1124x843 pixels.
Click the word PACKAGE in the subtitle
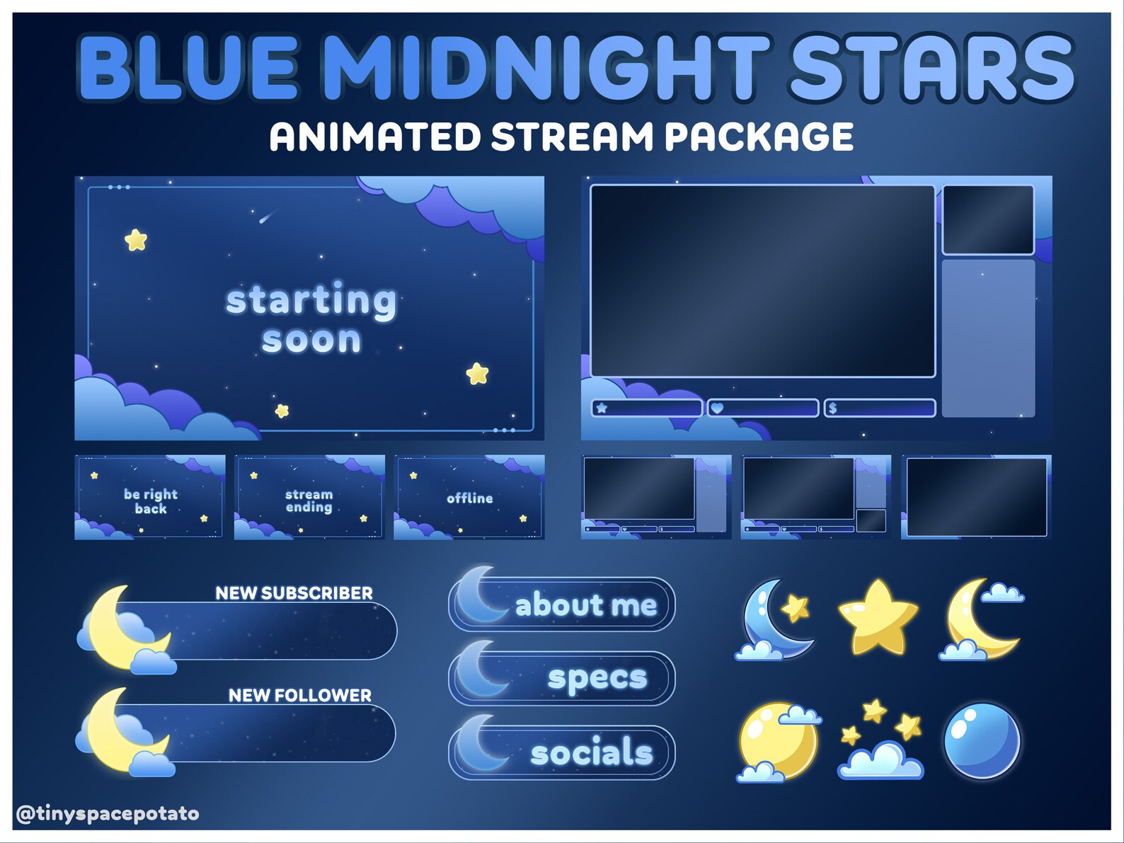(x=759, y=137)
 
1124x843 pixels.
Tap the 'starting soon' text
(x=311, y=319)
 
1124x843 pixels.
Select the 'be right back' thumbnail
(x=150, y=498)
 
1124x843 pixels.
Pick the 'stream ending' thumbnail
(x=309, y=498)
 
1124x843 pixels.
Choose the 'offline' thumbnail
(x=469, y=498)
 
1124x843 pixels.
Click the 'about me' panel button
(x=562, y=605)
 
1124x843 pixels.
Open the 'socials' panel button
(x=562, y=752)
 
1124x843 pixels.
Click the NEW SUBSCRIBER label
(x=294, y=593)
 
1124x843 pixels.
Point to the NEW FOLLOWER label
(x=299, y=696)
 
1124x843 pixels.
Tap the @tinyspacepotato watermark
(x=108, y=814)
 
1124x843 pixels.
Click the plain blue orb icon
(x=982, y=740)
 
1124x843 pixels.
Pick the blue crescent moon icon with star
(x=775, y=619)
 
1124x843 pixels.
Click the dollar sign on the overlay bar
(x=833, y=408)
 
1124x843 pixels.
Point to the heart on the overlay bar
(x=717, y=408)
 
